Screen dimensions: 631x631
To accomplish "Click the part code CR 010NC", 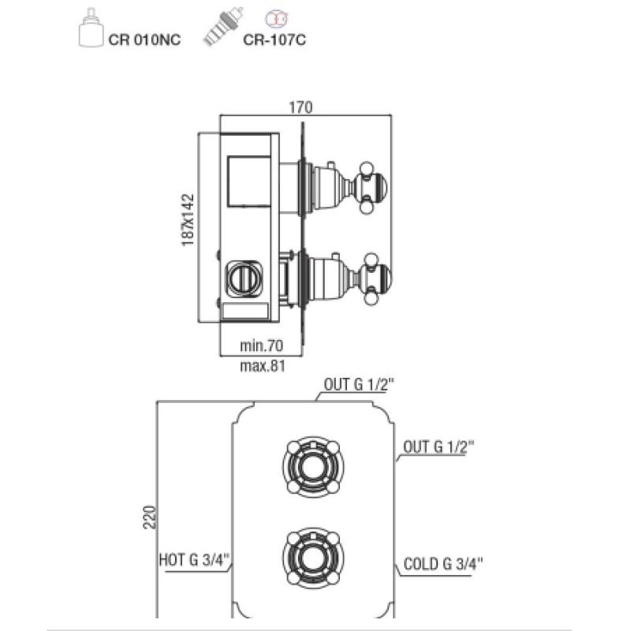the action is [x=144, y=40].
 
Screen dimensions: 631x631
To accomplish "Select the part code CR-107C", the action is [x=274, y=40].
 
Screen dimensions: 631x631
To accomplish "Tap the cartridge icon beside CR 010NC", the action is [x=90, y=28].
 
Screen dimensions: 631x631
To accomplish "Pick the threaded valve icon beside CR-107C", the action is [x=223, y=26].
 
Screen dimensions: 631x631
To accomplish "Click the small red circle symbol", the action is [x=277, y=19].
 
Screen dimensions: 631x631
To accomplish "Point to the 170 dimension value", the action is [x=301, y=107].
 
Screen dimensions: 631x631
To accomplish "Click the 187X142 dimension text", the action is [x=188, y=220].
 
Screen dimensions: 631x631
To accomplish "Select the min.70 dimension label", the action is [x=261, y=345].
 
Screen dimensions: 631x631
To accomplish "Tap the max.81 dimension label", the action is [x=263, y=366].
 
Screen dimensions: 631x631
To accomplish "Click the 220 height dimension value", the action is [x=150, y=517].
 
